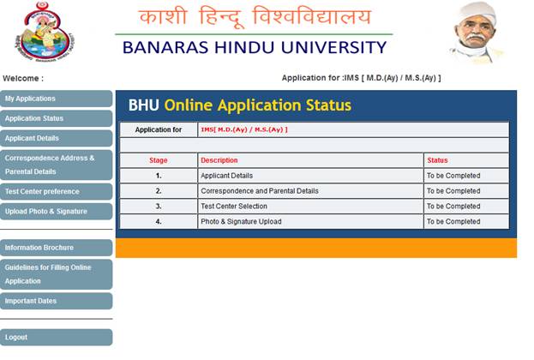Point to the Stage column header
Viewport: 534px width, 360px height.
tap(159, 160)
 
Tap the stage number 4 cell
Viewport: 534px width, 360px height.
tap(159, 222)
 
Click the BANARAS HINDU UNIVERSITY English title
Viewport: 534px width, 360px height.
tap(255, 48)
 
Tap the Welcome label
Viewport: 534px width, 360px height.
tap(23, 78)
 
